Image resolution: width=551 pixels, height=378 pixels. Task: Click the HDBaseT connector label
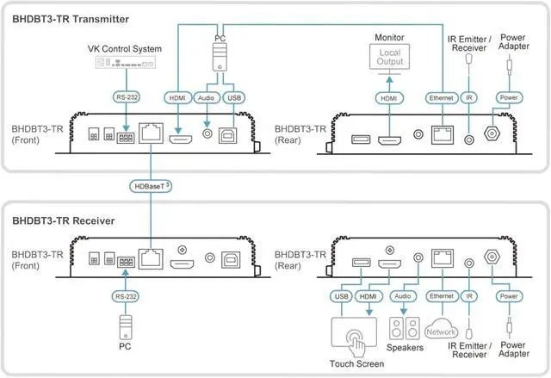(x=151, y=186)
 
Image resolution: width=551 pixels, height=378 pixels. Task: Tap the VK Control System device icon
(x=126, y=63)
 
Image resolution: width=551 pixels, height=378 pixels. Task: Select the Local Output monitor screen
(x=389, y=57)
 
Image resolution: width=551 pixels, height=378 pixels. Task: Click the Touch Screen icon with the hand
(x=354, y=337)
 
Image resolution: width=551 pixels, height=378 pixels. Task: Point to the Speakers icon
(x=405, y=328)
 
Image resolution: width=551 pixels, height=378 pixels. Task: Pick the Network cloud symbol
(x=442, y=329)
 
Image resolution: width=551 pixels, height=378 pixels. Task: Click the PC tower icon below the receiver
(x=126, y=327)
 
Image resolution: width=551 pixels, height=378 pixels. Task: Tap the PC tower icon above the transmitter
(x=220, y=58)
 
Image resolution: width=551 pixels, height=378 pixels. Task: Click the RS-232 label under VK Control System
(x=127, y=97)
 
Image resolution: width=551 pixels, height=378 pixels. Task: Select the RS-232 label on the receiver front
(x=126, y=296)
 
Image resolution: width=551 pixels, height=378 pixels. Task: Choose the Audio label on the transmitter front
(x=207, y=97)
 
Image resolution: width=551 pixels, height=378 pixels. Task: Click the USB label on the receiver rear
(x=341, y=296)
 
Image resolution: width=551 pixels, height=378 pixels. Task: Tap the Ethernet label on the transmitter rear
(x=442, y=97)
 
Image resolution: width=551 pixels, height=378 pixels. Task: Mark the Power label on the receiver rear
(x=509, y=296)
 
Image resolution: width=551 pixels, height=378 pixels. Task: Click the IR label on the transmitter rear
(x=468, y=97)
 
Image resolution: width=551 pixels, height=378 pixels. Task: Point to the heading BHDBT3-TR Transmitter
(x=71, y=19)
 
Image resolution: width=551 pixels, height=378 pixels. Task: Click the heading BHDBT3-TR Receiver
(x=64, y=220)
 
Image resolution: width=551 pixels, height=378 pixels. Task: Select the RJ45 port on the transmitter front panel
(x=152, y=133)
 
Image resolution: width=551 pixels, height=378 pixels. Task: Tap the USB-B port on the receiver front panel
(x=231, y=260)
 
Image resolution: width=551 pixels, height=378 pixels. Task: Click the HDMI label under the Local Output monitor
(x=389, y=98)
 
